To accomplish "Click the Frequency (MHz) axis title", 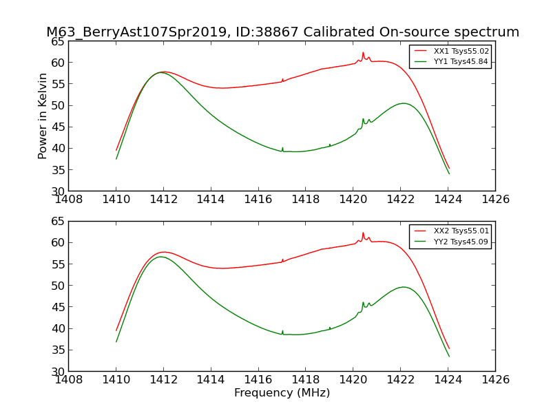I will point(282,393).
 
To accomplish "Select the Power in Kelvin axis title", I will point(43,116).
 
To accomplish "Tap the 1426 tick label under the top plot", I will point(495,200).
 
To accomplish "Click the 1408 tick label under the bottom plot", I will point(69,380).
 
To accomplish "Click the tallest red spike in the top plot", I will point(363,53).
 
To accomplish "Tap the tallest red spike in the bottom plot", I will point(363,233).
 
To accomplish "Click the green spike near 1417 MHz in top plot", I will point(282,148).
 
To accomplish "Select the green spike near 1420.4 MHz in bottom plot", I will point(363,302).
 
